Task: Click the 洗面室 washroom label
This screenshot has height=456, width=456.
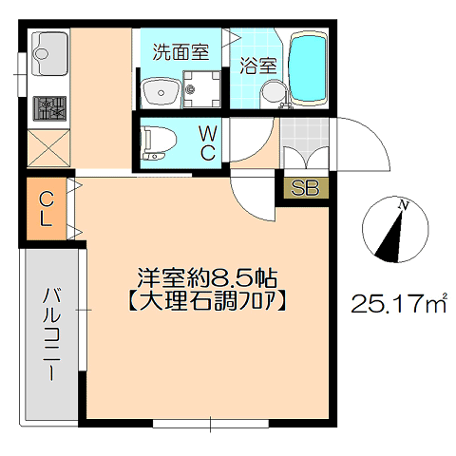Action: click(x=180, y=52)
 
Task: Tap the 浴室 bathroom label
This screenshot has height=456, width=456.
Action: click(x=258, y=66)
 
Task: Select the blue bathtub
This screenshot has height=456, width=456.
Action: click(x=308, y=67)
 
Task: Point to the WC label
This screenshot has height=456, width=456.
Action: click(x=208, y=144)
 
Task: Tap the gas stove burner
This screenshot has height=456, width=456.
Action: click(x=50, y=108)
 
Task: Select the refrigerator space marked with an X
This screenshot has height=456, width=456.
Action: click(x=48, y=148)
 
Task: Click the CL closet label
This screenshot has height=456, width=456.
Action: click(x=47, y=209)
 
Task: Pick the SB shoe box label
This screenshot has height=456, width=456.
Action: click(x=305, y=188)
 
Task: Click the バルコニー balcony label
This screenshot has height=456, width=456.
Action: click(x=50, y=333)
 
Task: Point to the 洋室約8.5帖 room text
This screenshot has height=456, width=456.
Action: click(x=207, y=277)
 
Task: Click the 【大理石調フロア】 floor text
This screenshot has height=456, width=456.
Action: click(x=207, y=301)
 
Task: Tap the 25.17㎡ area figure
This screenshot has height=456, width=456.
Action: click(x=399, y=303)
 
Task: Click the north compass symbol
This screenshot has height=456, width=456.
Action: click(x=395, y=230)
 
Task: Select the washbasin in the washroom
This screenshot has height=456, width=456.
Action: click(x=161, y=91)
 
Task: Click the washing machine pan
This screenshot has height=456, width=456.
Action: click(x=201, y=89)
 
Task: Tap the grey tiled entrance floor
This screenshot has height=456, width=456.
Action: click(x=305, y=143)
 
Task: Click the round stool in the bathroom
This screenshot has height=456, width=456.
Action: click(x=274, y=91)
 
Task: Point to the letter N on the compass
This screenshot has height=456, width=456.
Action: click(x=404, y=205)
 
